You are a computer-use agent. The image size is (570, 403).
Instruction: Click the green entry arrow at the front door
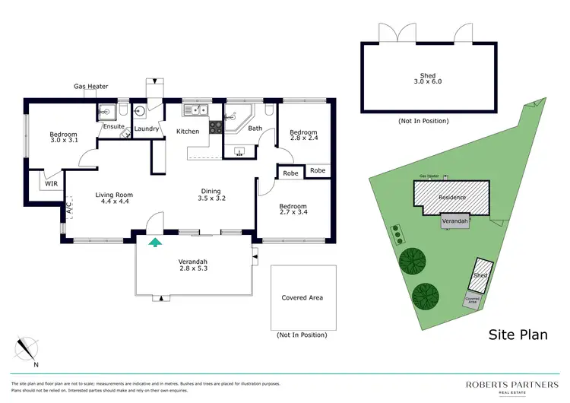click(155, 243)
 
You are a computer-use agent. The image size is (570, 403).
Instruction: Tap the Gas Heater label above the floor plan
click(90, 87)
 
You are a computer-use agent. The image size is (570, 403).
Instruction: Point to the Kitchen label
click(188, 132)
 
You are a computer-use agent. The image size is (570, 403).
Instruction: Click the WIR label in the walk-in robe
click(51, 183)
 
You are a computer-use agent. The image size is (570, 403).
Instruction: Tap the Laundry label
click(146, 129)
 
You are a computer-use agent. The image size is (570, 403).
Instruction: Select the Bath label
click(255, 129)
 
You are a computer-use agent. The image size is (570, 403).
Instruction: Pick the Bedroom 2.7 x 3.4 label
click(293, 211)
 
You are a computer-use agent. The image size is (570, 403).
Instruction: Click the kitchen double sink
click(197, 111)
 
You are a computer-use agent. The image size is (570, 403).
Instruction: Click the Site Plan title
click(517, 334)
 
